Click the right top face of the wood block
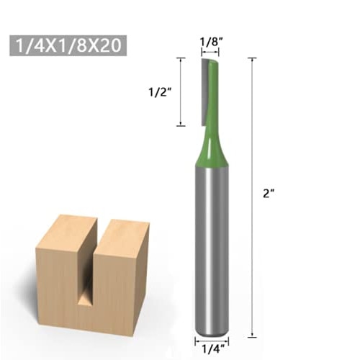[x=121, y=229]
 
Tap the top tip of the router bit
[x=209, y=60]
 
